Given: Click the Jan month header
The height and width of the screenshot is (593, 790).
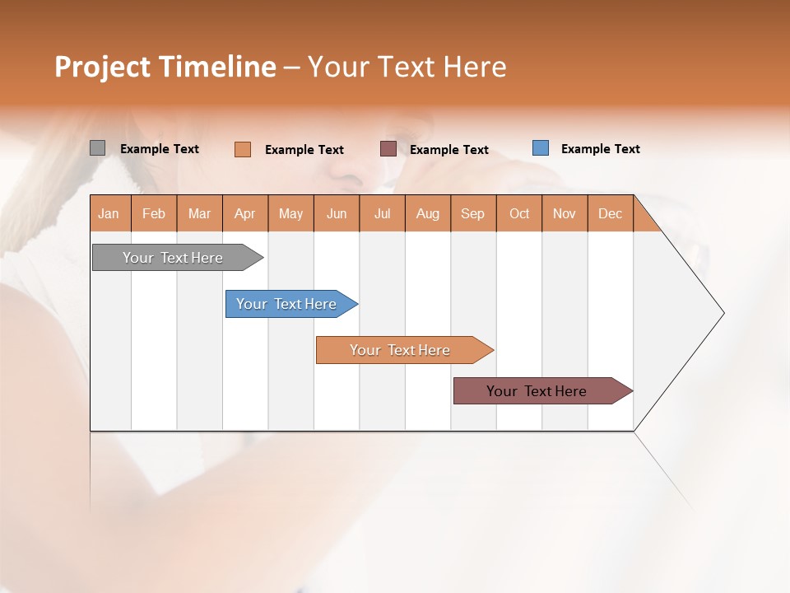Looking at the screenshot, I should pyautogui.click(x=109, y=213).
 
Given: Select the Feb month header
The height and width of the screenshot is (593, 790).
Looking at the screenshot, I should pyautogui.click(x=154, y=213).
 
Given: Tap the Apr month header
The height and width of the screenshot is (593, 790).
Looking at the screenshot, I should pyautogui.click(x=245, y=213).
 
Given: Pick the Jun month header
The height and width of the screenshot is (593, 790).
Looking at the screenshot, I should pyautogui.click(x=337, y=213).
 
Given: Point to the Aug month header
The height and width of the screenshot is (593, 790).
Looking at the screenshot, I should pyautogui.click(x=428, y=213).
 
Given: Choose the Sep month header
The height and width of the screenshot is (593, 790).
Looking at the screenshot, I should pyautogui.click(x=473, y=213).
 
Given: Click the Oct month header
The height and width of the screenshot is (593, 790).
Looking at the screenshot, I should pyautogui.click(x=519, y=213).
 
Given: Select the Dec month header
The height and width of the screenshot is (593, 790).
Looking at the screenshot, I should pyautogui.click(x=611, y=213).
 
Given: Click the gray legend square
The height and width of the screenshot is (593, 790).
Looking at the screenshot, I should pyautogui.click(x=98, y=148).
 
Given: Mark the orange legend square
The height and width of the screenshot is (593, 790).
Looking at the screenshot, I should pyautogui.click(x=243, y=149).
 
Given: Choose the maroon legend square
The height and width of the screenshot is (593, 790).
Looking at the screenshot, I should pyautogui.click(x=388, y=148).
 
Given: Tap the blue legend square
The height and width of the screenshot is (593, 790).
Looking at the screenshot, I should pyautogui.click(x=541, y=148).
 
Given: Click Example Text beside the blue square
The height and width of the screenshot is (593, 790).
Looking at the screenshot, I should pyautogui.click(x=600, y=149).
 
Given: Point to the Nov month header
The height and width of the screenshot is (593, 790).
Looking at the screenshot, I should pyautogui.click(x=565, y=213).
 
